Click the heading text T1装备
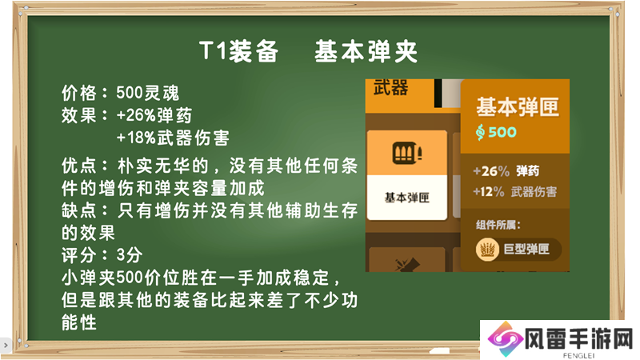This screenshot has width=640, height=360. click(238, 52)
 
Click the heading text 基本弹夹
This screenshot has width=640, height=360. click(366, 52)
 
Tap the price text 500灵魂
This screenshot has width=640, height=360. click(148, 93)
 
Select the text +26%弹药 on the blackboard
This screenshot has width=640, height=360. click(154, 115)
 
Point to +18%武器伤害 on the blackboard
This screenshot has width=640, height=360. click(173, 138)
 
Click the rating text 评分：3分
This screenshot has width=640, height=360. click(102, 255)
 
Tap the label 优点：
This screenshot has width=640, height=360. click(86, 166)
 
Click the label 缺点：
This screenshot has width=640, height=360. click(86, 211)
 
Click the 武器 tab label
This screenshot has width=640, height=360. click(390, 88)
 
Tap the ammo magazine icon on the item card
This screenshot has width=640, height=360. click(407, 153)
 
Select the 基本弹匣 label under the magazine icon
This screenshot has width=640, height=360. click(407, 198)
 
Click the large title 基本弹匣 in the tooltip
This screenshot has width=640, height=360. click(517, 107)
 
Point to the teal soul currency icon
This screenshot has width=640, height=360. click(481, 132)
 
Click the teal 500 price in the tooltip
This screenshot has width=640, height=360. click(502, 132)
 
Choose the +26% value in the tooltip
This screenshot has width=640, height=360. click(491, 171)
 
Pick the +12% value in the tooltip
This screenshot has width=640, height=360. click(489, 191)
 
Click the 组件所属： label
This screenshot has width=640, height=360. click(498, 225)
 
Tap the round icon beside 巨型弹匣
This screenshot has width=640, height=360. click(487, 249)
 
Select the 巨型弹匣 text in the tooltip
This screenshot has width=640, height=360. click(526, 249)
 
